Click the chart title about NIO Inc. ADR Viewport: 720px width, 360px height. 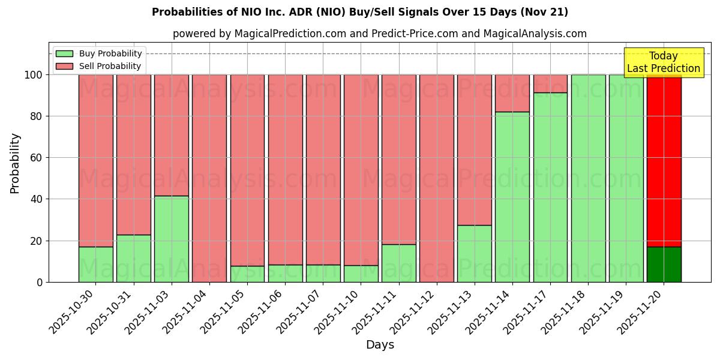(x=360, y=12)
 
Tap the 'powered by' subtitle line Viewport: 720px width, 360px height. (x=379, y=34)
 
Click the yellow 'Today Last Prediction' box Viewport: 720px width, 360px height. (x=663, y=62)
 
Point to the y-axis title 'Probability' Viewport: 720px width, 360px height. (x=15, y=163)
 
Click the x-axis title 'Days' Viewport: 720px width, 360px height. (x=380, y=345)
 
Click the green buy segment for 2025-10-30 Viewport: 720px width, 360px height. (x=96, y=265)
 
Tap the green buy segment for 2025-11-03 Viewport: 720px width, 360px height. (x=172, y=239)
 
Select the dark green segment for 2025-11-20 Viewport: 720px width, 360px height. (x=664, y=265)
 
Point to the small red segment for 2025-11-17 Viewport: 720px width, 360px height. (x=550, y=83)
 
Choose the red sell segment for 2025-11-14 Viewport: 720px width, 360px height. (x=512, y=93)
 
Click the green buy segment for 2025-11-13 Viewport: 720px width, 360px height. (x=475, y=253)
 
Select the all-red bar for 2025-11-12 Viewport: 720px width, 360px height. (x=437, y=178)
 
